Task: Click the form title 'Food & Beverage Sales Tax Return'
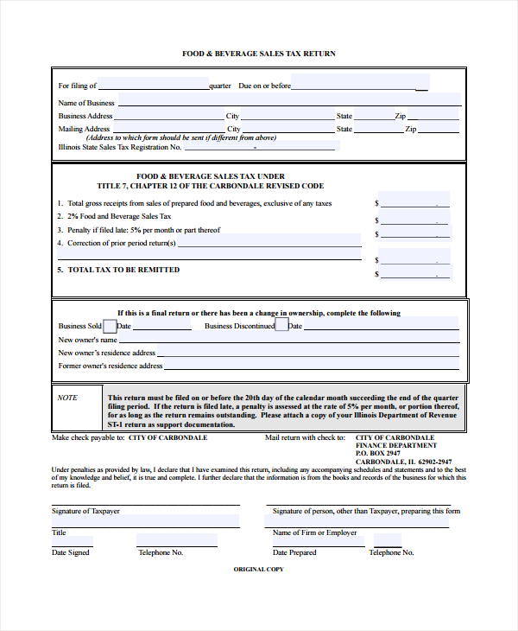pos(258,54)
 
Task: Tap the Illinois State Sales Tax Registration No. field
pos(259,146)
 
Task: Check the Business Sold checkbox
pos(110,326)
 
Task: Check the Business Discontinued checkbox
pos(281,326)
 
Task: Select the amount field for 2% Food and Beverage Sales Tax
pos(414,218)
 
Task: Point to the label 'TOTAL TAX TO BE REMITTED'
pos(123,270)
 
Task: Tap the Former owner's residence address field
pos(311,365)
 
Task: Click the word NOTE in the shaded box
pos(67,398)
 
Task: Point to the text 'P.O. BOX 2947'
pos(378,453)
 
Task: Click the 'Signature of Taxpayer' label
pos(85,511)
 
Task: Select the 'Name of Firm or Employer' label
pos(314,532)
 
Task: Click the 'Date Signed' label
pos(70,552)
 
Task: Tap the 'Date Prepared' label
pos(294,552)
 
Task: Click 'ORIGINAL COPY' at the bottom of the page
pos(258,570)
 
